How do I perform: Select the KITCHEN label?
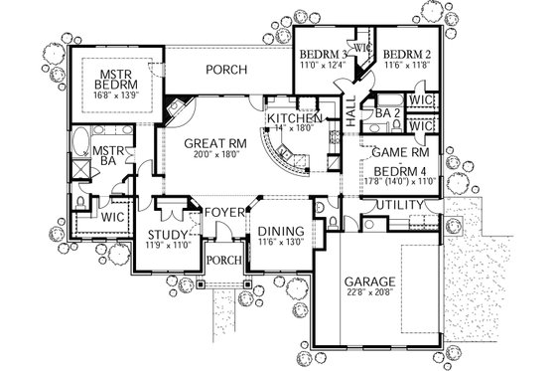click(x=289, y=117)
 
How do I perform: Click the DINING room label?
click(x=280, y=228)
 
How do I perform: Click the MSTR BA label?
click(x=107, y=157)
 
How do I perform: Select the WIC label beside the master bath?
click(x=110, y=214)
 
